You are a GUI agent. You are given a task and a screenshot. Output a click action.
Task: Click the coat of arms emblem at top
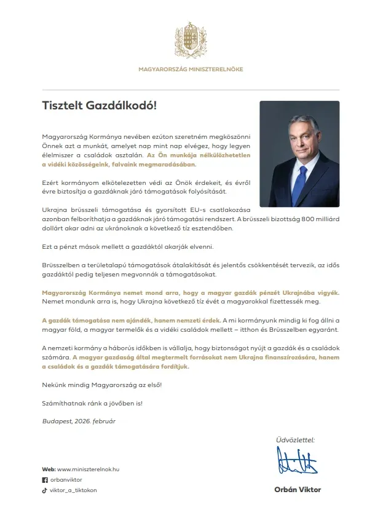pyautogui.click(x=191, y=40)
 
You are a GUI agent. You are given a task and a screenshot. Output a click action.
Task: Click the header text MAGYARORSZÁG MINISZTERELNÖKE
pyautogui.click(x=191, y=69)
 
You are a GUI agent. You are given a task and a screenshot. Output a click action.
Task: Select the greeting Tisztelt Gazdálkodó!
pyautogui.click(x=99, y=105)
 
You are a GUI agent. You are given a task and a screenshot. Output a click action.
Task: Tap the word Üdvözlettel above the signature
pyautogui.click(x=296, y=439)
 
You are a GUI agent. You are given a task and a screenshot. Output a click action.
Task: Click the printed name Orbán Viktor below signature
pyautogui.click(x=298, y=490)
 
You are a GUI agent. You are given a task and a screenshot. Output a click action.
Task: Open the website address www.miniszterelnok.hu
pyautogui.click(x=89, y=469)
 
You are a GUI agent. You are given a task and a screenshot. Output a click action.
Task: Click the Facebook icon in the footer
pyautogui.click(x=44, y=480)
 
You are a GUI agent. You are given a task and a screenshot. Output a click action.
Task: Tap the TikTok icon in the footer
pyautogui.click(x=44, y=490)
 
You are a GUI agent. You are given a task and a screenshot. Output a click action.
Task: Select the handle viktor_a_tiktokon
pyautogui.click(x=73, y=490)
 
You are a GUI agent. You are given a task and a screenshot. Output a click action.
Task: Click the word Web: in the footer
pyautogui.click(x=48, y=469)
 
